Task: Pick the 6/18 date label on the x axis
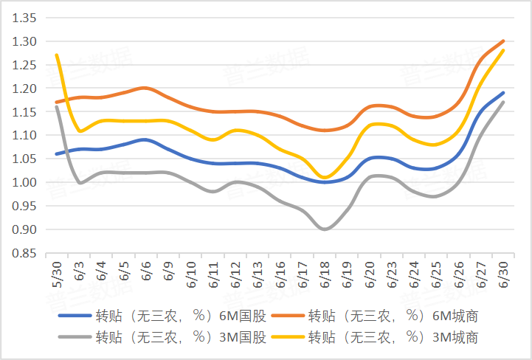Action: (x=325, y=273)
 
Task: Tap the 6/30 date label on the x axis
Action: (x=504, y=273)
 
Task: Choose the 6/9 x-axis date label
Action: (x=168, y=271)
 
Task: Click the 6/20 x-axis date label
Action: (x=370, y=273)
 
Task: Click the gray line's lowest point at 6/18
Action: (x=325, y=229)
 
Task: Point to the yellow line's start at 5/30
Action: (x=56, y=55)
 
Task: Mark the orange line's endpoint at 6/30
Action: (x=504, y=41)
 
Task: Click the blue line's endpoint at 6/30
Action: (x=504, y=93)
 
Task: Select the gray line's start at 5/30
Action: (x=56, y=107)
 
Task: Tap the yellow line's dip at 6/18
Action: (x=325, y=177)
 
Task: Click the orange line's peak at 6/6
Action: (x=145, y=89)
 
